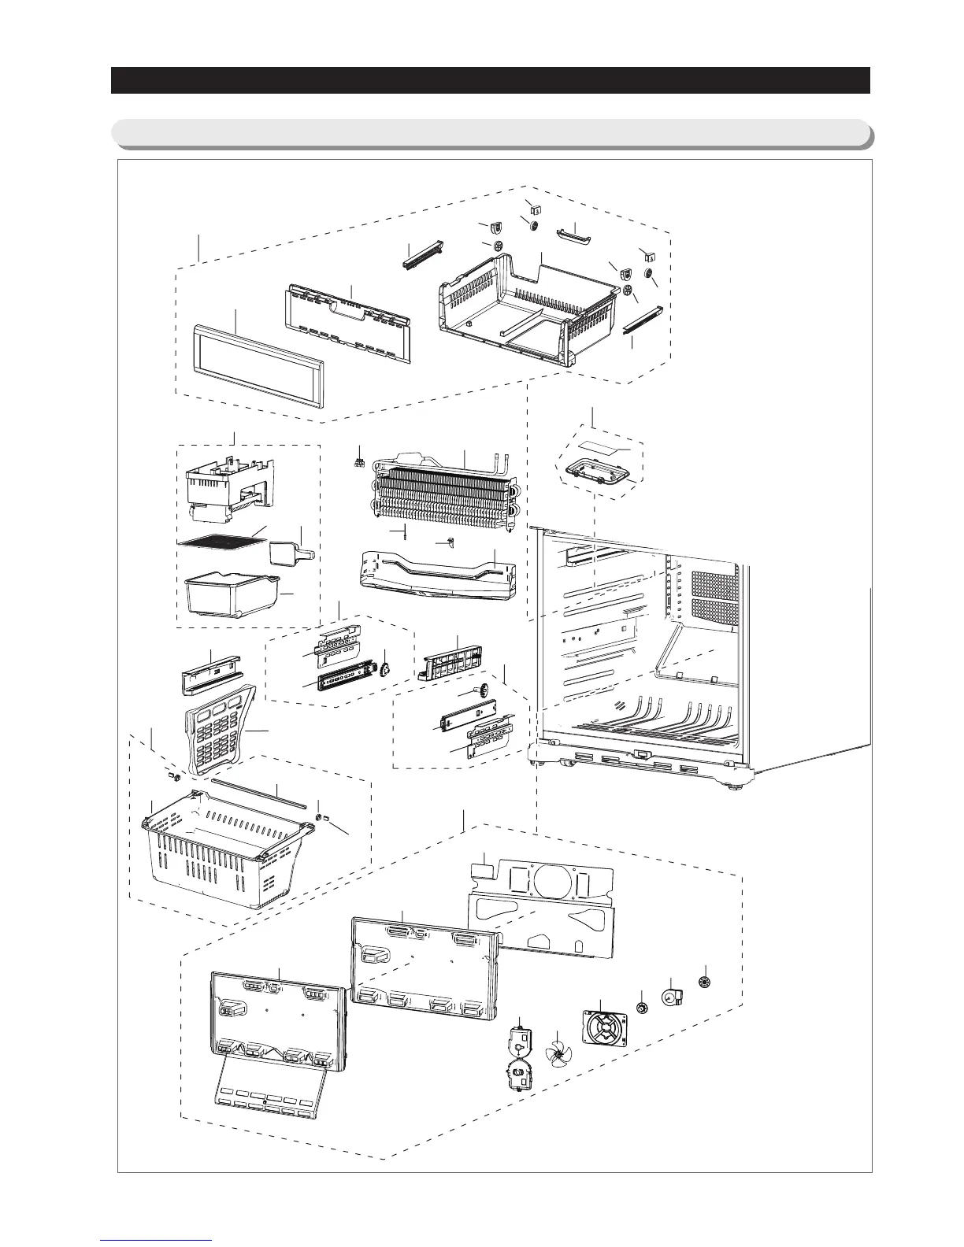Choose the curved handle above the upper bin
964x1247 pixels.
click(x=577, y=235)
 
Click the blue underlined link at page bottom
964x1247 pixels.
click(x=158, y=1241)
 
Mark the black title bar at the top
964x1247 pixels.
click(x=490, y=80)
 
